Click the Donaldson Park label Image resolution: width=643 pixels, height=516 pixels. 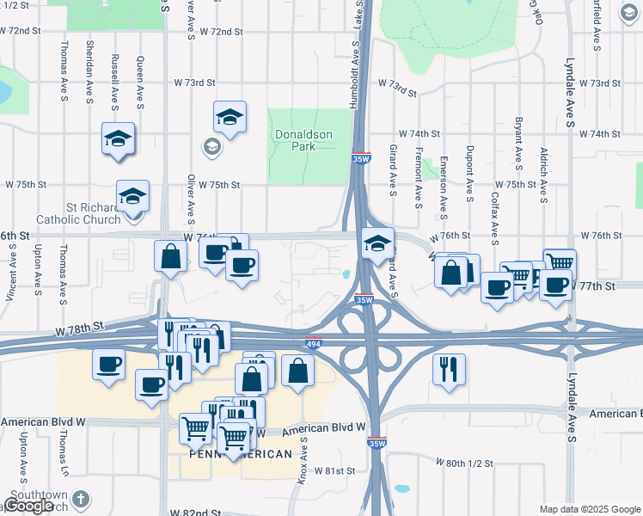pyautogui.click(x=308, y=140)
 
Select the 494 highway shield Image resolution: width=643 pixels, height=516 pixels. pyautogui.click(x=313, y=343)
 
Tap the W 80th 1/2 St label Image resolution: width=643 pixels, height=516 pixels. pyautogui.click(x=464, y=463)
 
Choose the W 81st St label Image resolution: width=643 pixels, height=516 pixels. pyautogui.click(x=334, y=470)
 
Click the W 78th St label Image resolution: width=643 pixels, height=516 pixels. pyautogui.click(x=78, y=327)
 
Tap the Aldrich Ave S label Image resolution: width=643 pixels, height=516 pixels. pyautogui.click(x=543, y=175)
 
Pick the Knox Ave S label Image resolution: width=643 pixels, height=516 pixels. pyautogui.click(x=303, y=460)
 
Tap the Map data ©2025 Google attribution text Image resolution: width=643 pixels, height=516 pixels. pyautogui.click(x=589, y=509)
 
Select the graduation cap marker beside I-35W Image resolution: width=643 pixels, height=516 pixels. pyautogui.click(x=377, y=243)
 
